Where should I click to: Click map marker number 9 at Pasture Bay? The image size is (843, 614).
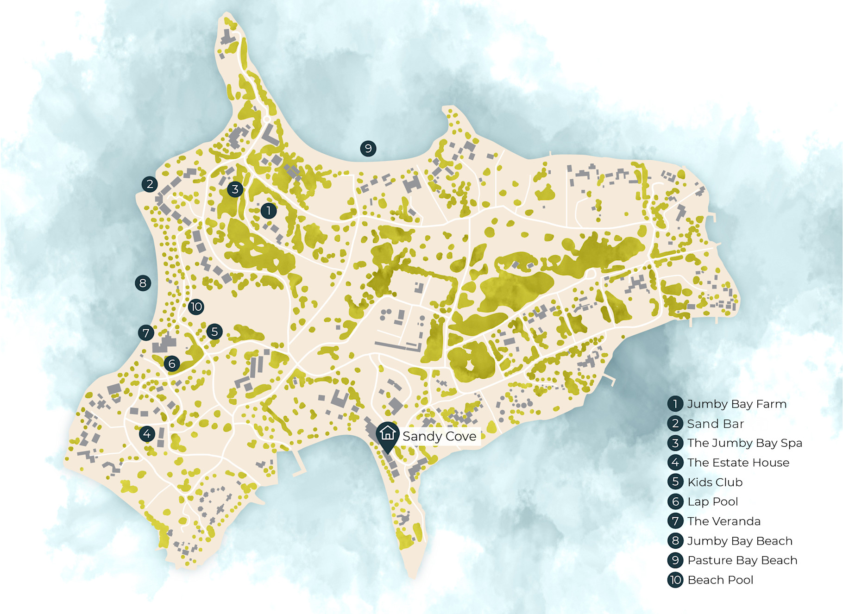point(368,149)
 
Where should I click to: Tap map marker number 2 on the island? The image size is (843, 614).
point(150,184)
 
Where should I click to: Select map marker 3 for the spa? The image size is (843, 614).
point(235,189)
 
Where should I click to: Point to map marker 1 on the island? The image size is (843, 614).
point(269,211)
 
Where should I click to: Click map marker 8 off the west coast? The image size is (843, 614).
point(143,283)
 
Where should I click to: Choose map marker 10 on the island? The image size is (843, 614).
point(196,307)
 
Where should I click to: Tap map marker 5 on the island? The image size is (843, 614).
point(214,332)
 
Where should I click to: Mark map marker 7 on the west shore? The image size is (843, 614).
point(146,332)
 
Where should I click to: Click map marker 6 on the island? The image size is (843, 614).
point(172,363)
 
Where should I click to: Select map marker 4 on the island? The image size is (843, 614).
point(147,434)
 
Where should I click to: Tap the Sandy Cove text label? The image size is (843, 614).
point(439,436)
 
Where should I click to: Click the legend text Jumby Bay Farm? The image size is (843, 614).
point(736,404)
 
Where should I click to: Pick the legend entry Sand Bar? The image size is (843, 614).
point(715,424)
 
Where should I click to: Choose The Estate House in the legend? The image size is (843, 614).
point(738,463)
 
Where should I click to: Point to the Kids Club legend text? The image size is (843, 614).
point(715,482)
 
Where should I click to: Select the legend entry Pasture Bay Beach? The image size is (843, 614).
point(742,560)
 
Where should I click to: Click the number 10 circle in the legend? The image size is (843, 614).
point(675,580)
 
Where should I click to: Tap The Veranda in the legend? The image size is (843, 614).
point(723,521)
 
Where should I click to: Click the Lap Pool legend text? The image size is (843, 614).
point(712,501)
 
